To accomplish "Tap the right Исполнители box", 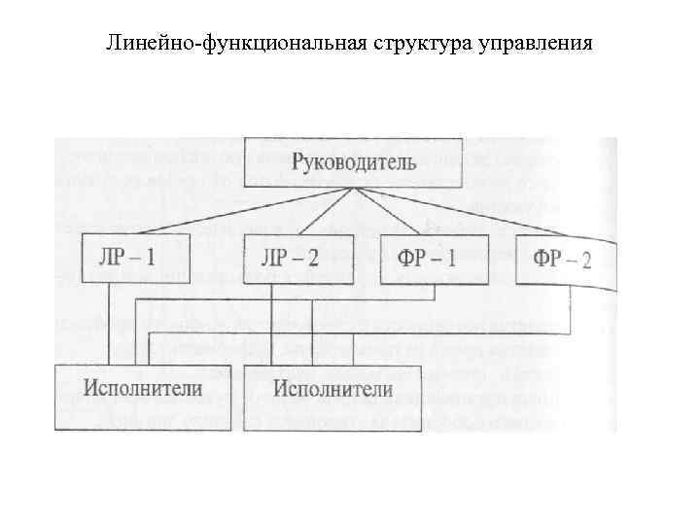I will pos(333,391).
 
